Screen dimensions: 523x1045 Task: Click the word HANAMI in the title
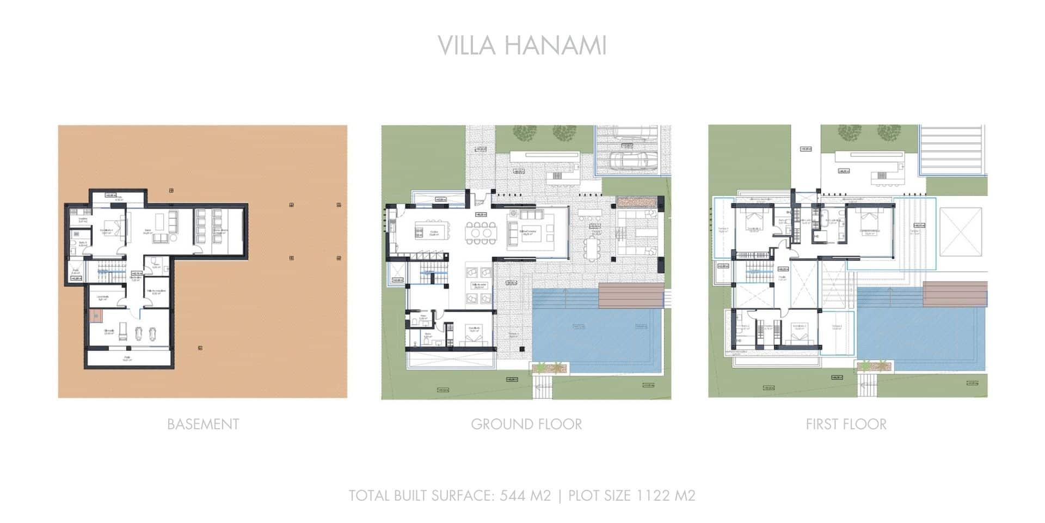pyautogui.click(x=555, y=45)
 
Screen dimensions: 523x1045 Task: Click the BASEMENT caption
pyautogui.click(x=203, y=424)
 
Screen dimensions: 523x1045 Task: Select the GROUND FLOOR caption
pyautogui.click(x=526, y=424)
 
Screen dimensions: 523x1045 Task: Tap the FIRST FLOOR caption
pyautogui.click(x=846, y=424)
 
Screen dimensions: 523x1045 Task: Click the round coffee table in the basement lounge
pyautogui.click(x=173, y=238)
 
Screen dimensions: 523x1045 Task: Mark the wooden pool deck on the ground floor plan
pyautogui.click(x=631, y=295)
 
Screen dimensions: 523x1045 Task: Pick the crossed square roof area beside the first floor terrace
pyautogui.click(x=961, y=232)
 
